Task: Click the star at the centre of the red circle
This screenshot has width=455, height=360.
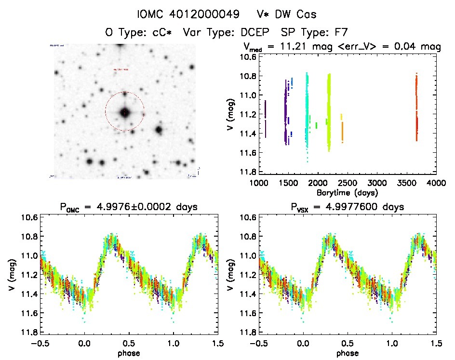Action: click(x=125, y=112)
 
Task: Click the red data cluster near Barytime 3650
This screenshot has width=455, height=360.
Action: click(x=416, y=106)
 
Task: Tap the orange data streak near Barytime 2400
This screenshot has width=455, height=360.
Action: click(x=342, y=128)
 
